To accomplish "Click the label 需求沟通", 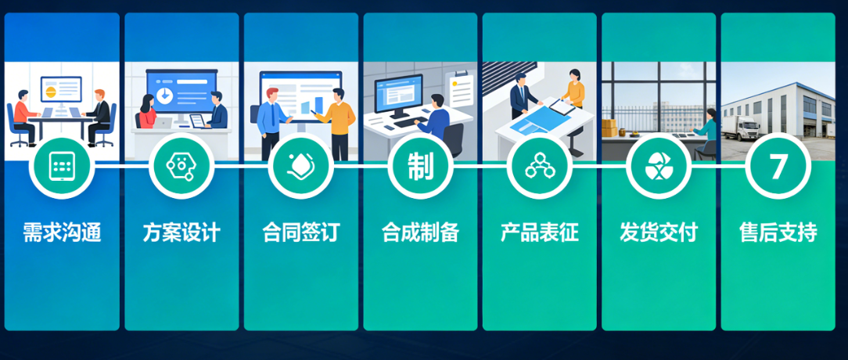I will click(62, 232).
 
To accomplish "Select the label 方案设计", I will click(181, 232).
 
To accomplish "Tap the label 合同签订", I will click(301, 232).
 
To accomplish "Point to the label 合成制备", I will click(420, 232).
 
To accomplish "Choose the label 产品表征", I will click(540, 232).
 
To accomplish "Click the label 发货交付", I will click(659, 232).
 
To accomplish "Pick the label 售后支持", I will click(778, 232).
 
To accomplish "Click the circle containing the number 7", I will click(778, 166).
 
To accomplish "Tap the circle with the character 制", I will click(420, 166).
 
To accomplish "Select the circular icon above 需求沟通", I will click(62, 166).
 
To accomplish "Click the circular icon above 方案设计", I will click(181, 166).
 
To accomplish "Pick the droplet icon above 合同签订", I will click(301, 166).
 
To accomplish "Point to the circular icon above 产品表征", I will click(540, 166).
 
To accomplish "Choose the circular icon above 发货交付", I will click(659, 166).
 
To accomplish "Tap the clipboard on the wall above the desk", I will click(459, 88).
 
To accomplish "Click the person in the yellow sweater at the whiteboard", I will click(339, 117).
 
